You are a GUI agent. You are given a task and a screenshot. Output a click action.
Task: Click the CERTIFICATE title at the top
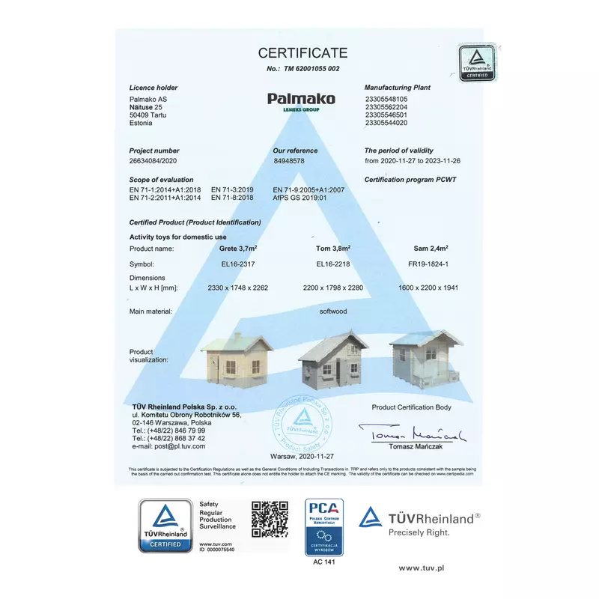(x=303, y=52)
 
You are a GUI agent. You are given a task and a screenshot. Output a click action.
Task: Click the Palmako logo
(x=301, y=100)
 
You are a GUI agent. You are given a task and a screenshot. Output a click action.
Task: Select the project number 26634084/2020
(x=153, y=160)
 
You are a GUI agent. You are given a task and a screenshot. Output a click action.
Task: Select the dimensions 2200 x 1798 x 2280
(x=335, y=288)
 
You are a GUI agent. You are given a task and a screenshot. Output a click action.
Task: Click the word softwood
(x=333, y=311)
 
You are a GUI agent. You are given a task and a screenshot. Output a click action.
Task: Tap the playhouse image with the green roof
(x=237, y=357)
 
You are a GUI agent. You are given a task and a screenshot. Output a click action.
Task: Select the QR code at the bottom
(x=270, y=519)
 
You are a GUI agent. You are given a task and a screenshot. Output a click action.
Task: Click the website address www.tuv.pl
(x=422, y=568)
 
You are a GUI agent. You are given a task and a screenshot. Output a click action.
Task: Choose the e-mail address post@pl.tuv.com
(x=174, y=446)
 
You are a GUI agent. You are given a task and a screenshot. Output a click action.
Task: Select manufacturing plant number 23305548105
(x=386, y=99)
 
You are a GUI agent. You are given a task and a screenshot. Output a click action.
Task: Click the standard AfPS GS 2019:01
(x=300, y=198)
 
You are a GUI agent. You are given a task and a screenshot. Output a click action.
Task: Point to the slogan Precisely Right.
(x=419, y=533)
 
